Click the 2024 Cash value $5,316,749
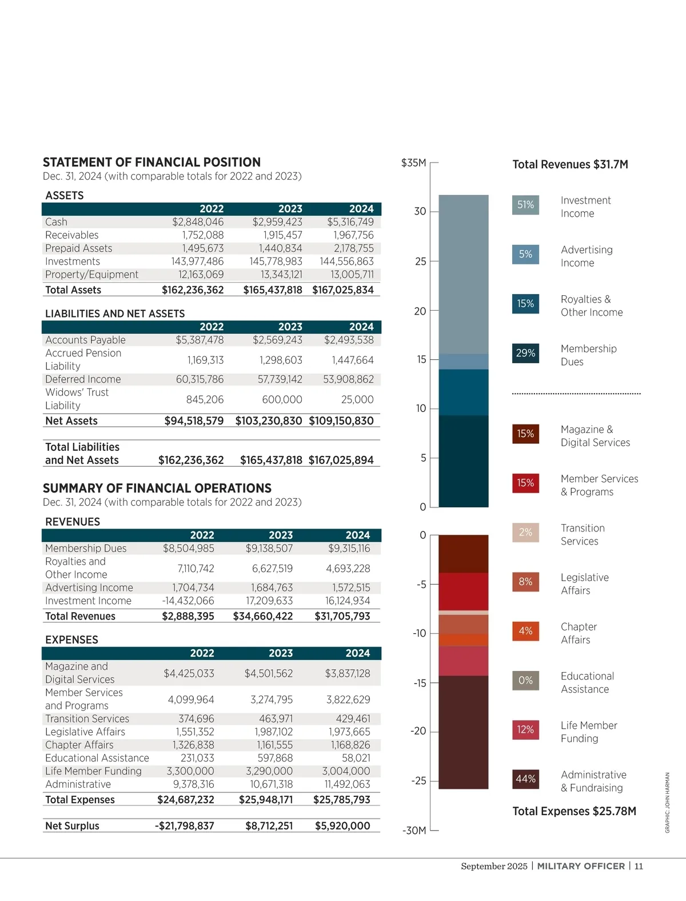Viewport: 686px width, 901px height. click(x=350, y=222)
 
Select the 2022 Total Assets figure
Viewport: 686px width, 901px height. click(x=193, y=290)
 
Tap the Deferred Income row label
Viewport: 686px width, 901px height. click(x=83, y=379)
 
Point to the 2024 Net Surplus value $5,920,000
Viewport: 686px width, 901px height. click(x=342, y=825)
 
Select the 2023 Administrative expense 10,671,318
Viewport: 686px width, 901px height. click(x=271, y=784)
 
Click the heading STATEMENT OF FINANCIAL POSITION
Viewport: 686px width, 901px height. click(x=151, y=162)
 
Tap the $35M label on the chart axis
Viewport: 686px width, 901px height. click(x=413, y=163)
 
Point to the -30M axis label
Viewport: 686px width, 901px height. click(x=414, y=830)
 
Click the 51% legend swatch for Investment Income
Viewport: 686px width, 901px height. click(x=525, y=205)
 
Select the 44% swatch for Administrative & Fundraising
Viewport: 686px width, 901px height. click(x=525, y=779)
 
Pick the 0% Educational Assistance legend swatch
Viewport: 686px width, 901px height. click(x=525, y=680)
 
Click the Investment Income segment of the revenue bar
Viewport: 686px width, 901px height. click(x=464, y=275)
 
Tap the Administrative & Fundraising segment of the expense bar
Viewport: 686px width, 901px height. click(x=464, y=732)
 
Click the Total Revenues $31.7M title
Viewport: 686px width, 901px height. click(x=570, y=165)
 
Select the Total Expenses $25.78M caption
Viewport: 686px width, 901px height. click(x=574, y=811)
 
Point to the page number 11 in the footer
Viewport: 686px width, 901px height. click(x=639, y=866)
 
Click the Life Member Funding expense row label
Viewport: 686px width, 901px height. click(x=93, y=771)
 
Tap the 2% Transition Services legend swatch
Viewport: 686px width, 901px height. click(x=525, y=532)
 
